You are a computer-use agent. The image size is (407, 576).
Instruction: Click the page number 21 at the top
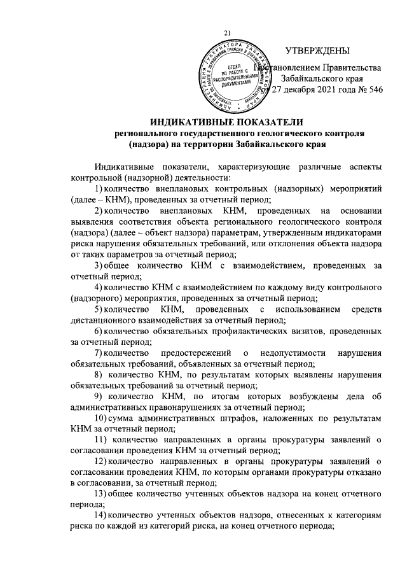pyautogui.click(x=229, y=33)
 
